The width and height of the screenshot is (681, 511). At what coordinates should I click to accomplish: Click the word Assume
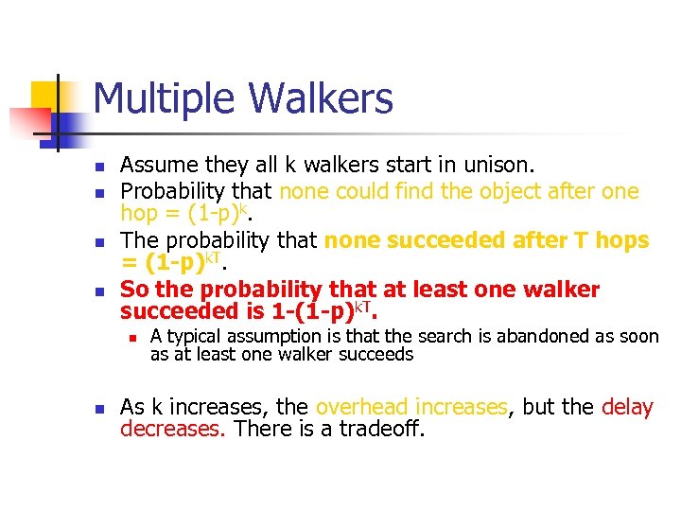click(160, 167)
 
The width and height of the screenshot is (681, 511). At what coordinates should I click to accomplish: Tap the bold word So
click(135, 289)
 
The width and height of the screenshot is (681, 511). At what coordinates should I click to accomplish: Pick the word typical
click(195, 336)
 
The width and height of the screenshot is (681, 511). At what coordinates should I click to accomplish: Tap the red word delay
click(627, 408)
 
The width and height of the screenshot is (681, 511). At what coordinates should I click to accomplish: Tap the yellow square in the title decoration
click(45, 96)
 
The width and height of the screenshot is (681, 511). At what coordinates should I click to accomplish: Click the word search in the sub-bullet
click(444, 336)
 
